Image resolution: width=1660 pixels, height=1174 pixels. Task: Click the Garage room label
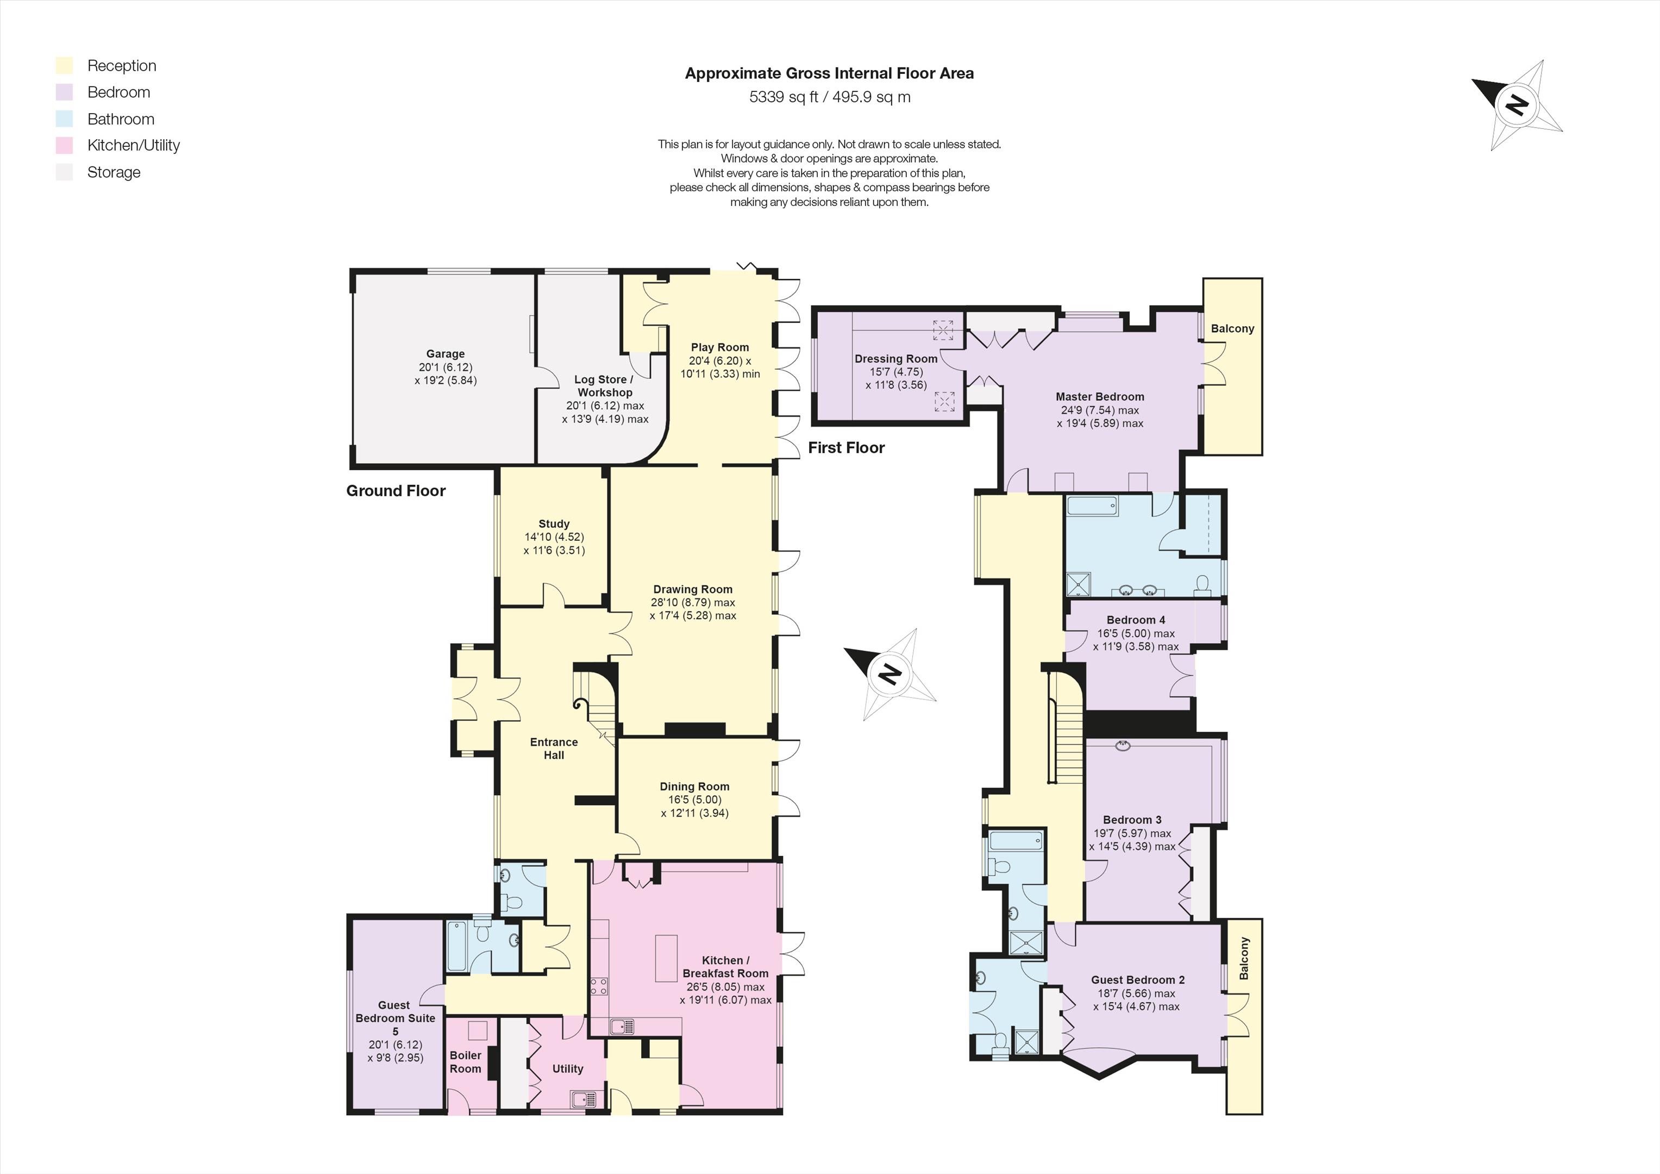point(446,354)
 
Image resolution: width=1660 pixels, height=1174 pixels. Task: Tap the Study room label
point(554,524)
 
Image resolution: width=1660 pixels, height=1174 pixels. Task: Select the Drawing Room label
point(693,590)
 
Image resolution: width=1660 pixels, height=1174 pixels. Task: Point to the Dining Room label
point(694,786)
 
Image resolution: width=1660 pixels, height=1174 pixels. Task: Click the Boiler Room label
point(466,1062)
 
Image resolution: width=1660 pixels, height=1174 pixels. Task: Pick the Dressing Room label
point(896,359)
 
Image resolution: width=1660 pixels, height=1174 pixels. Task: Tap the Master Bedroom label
point(1100,396)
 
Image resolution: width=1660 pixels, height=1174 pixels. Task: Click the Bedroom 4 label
point(1136,620)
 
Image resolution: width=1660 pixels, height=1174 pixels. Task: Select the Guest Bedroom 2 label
point(1138,980)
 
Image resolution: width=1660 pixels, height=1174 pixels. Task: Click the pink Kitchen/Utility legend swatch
point(64,146)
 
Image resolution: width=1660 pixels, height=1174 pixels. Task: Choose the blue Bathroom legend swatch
point(64,118)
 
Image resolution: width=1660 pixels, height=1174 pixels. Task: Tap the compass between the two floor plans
point(889,674)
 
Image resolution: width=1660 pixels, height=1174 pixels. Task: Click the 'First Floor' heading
point(846,448)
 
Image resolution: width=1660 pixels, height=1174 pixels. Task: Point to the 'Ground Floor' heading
point(396,490)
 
